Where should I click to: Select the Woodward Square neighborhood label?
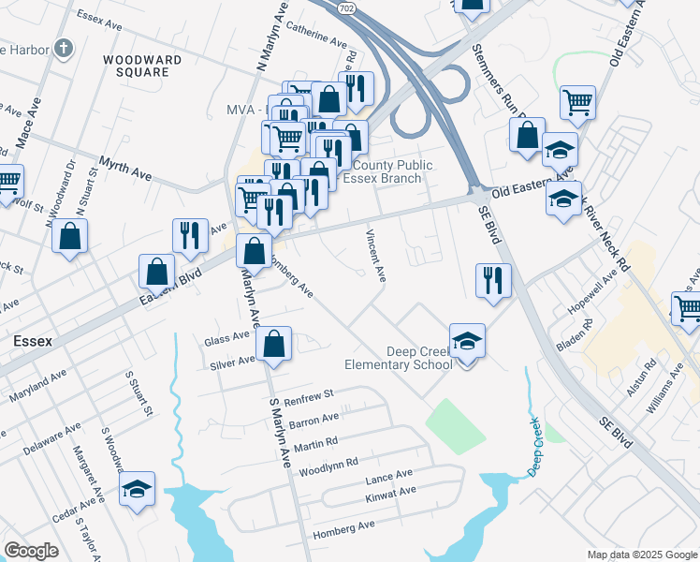click(x=142, y=66)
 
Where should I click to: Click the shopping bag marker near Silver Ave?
click(x=272, y=344)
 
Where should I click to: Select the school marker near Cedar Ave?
click(x=137, y=488)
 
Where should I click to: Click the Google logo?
click(x=32, y=551)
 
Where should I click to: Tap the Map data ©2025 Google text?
click(x=641, y=555)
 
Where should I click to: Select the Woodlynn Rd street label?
click(x=327, y=464)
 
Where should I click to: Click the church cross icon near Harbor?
click(x=63, y=48)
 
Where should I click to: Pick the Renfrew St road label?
click(x=309, y=395)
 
